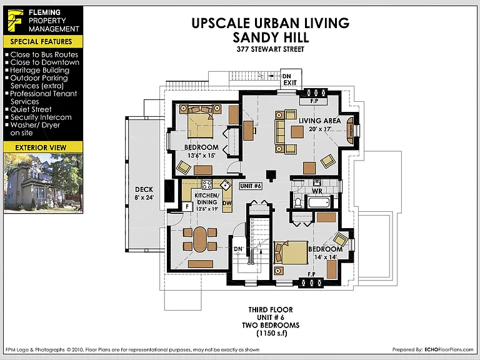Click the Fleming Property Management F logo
point(15,21)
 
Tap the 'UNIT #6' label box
point(251,186)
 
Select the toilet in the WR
point(297,202)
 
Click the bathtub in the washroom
point(319,202)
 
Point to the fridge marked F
point(187,207)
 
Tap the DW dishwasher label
point(227,203)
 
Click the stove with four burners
point(207,184)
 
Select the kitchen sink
point(226,185)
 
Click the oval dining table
point(200,239)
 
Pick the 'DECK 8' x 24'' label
point(144,194)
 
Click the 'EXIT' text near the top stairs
point(290,82)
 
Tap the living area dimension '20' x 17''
point(320,129)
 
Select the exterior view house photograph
point(43,182)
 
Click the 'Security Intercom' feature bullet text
point(41,117)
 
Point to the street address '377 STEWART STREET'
point(270,49)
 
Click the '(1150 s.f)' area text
point(272,333)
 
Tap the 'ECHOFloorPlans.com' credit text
point(449,349)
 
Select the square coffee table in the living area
point(297,132)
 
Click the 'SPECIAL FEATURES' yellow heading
point(41,42)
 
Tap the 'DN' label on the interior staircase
point(238,249)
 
